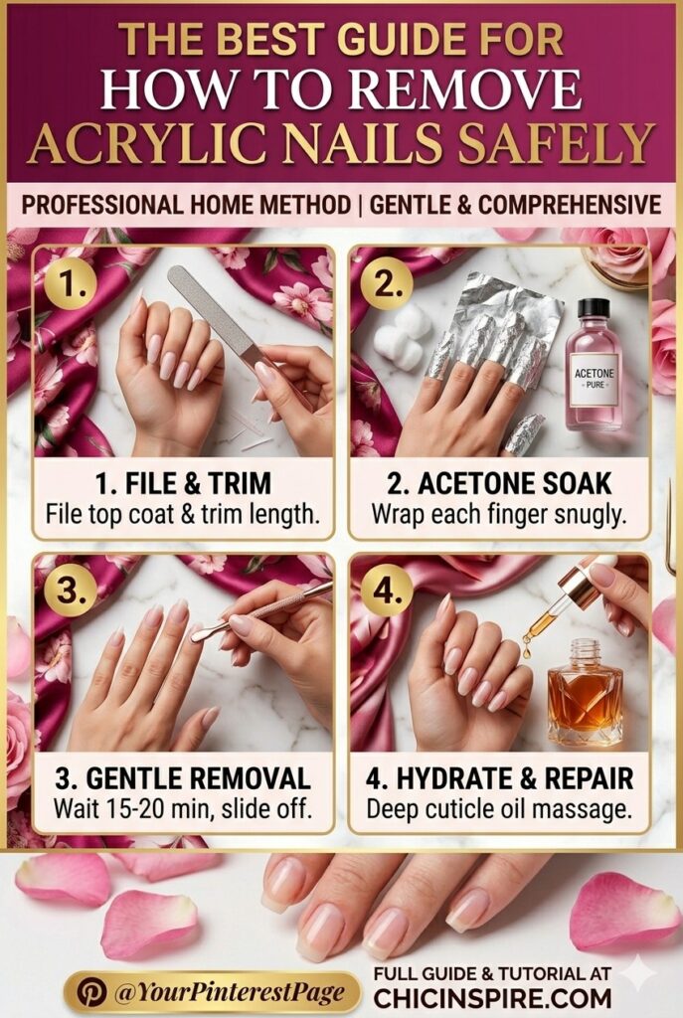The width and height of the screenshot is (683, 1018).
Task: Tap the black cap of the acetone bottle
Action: (594, 308)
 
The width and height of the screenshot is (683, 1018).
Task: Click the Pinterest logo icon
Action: (91, 991)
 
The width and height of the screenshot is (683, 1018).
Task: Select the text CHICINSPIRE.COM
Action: (492, 995)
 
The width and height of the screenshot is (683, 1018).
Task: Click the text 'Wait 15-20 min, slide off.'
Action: (183, 809)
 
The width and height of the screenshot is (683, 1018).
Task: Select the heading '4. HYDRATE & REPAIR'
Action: (499, 778)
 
